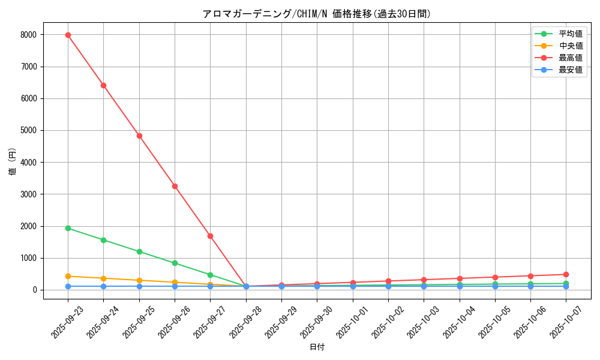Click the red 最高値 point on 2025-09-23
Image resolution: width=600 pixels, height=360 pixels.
click(68, 35)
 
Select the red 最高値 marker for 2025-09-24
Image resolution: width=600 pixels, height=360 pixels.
click(103, 85)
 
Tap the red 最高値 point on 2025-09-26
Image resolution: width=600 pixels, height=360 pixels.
click(175, 186)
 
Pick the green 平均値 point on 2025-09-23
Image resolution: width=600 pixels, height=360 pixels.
click(68, 228)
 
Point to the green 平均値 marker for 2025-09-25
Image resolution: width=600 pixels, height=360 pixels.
click(139, 251)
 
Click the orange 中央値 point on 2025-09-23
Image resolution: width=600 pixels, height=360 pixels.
click(68, 276)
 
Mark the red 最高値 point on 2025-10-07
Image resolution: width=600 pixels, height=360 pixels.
click(566, 274)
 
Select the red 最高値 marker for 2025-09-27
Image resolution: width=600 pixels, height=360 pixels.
click(210, 236)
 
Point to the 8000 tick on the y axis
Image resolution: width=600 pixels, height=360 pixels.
click(28, 35)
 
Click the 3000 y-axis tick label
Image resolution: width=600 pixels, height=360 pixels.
click(28, 194)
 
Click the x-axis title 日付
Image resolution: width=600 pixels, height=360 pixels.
click(317, 347)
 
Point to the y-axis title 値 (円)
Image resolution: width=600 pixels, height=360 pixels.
click(13, 162)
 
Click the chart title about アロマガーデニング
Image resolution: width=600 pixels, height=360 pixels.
click(317, 14)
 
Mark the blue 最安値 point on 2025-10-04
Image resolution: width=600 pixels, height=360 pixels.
click(460, 286)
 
